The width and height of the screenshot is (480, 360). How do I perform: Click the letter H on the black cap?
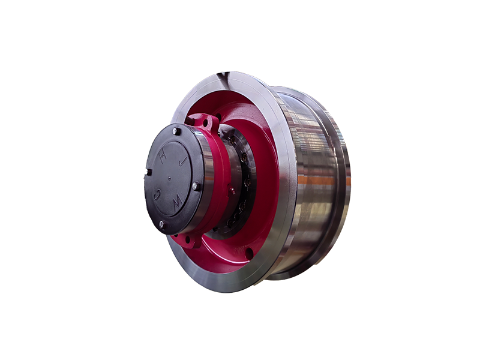163,157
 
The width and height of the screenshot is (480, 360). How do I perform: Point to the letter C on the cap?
157,193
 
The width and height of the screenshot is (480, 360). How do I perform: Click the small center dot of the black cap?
169,177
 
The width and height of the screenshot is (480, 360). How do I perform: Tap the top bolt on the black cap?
175,132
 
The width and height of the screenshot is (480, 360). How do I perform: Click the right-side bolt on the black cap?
195,186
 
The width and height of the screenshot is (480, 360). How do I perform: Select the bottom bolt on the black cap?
162,225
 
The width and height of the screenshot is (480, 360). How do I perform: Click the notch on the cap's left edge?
148,172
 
